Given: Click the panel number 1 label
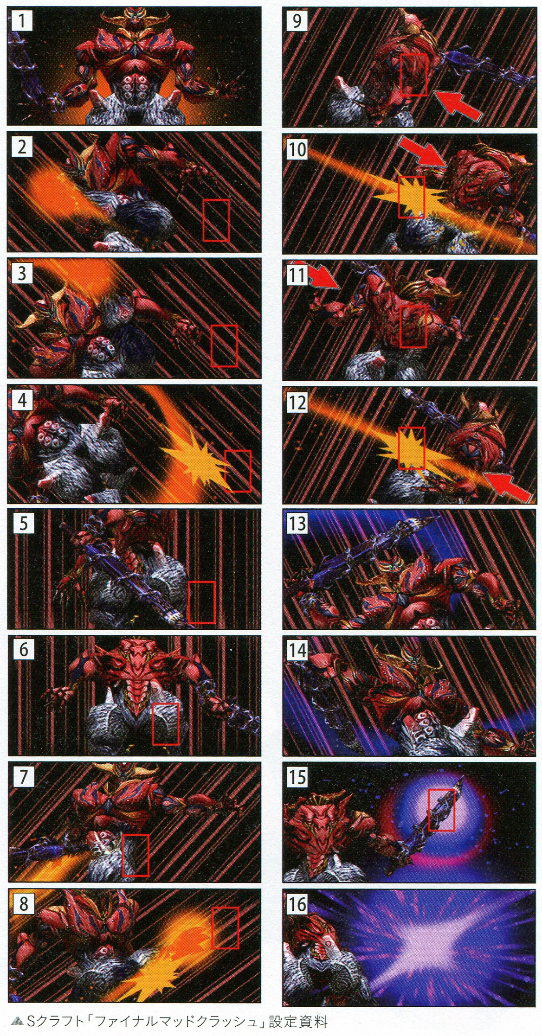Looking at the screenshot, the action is click(x=21, y=21).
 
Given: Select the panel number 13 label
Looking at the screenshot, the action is click(x=297, y=523).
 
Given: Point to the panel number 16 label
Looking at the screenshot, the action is click(x=297, y=903).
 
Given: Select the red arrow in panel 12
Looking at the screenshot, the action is click(x=507, y=487).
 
